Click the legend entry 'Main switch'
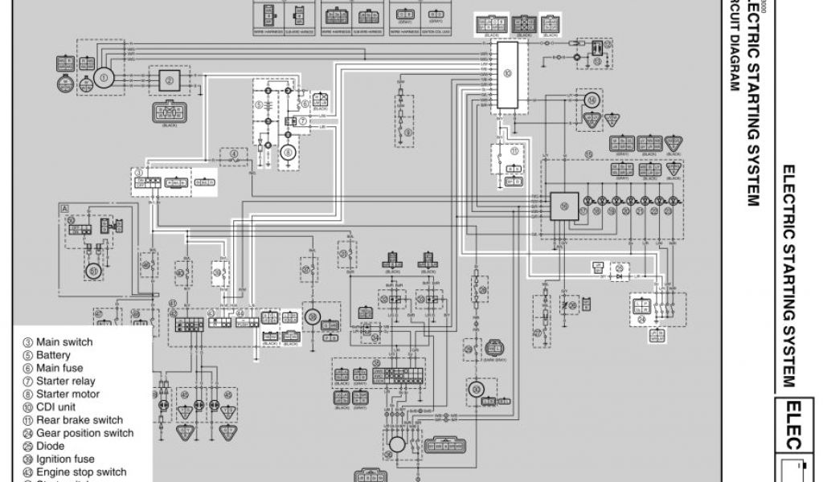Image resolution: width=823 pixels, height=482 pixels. pos(63,342)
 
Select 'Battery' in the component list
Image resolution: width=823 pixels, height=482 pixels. pos(53,355)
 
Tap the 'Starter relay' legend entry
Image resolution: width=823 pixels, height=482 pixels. pos(65,382)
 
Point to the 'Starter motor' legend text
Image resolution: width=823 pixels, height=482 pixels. pos(68,394)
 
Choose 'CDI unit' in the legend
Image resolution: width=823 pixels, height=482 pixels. pos(55,407)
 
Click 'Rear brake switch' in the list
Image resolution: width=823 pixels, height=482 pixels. pos(79,420)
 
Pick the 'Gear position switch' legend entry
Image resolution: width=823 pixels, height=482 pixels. pos(84,433)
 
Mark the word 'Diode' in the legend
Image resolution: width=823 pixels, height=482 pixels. pos(51,446)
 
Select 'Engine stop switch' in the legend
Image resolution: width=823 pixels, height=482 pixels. pos(81,472)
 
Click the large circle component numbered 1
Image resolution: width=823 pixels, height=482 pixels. pos(102,77)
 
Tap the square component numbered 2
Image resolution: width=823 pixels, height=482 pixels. pos(169,80)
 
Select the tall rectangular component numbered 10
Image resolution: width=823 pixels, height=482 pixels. pos(507,76)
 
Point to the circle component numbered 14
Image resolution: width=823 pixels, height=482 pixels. pos(592,100)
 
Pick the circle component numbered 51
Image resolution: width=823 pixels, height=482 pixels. pos(93,272)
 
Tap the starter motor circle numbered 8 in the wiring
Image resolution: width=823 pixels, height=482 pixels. pos(286,152)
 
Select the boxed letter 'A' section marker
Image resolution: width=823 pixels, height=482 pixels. pos(63,207)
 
